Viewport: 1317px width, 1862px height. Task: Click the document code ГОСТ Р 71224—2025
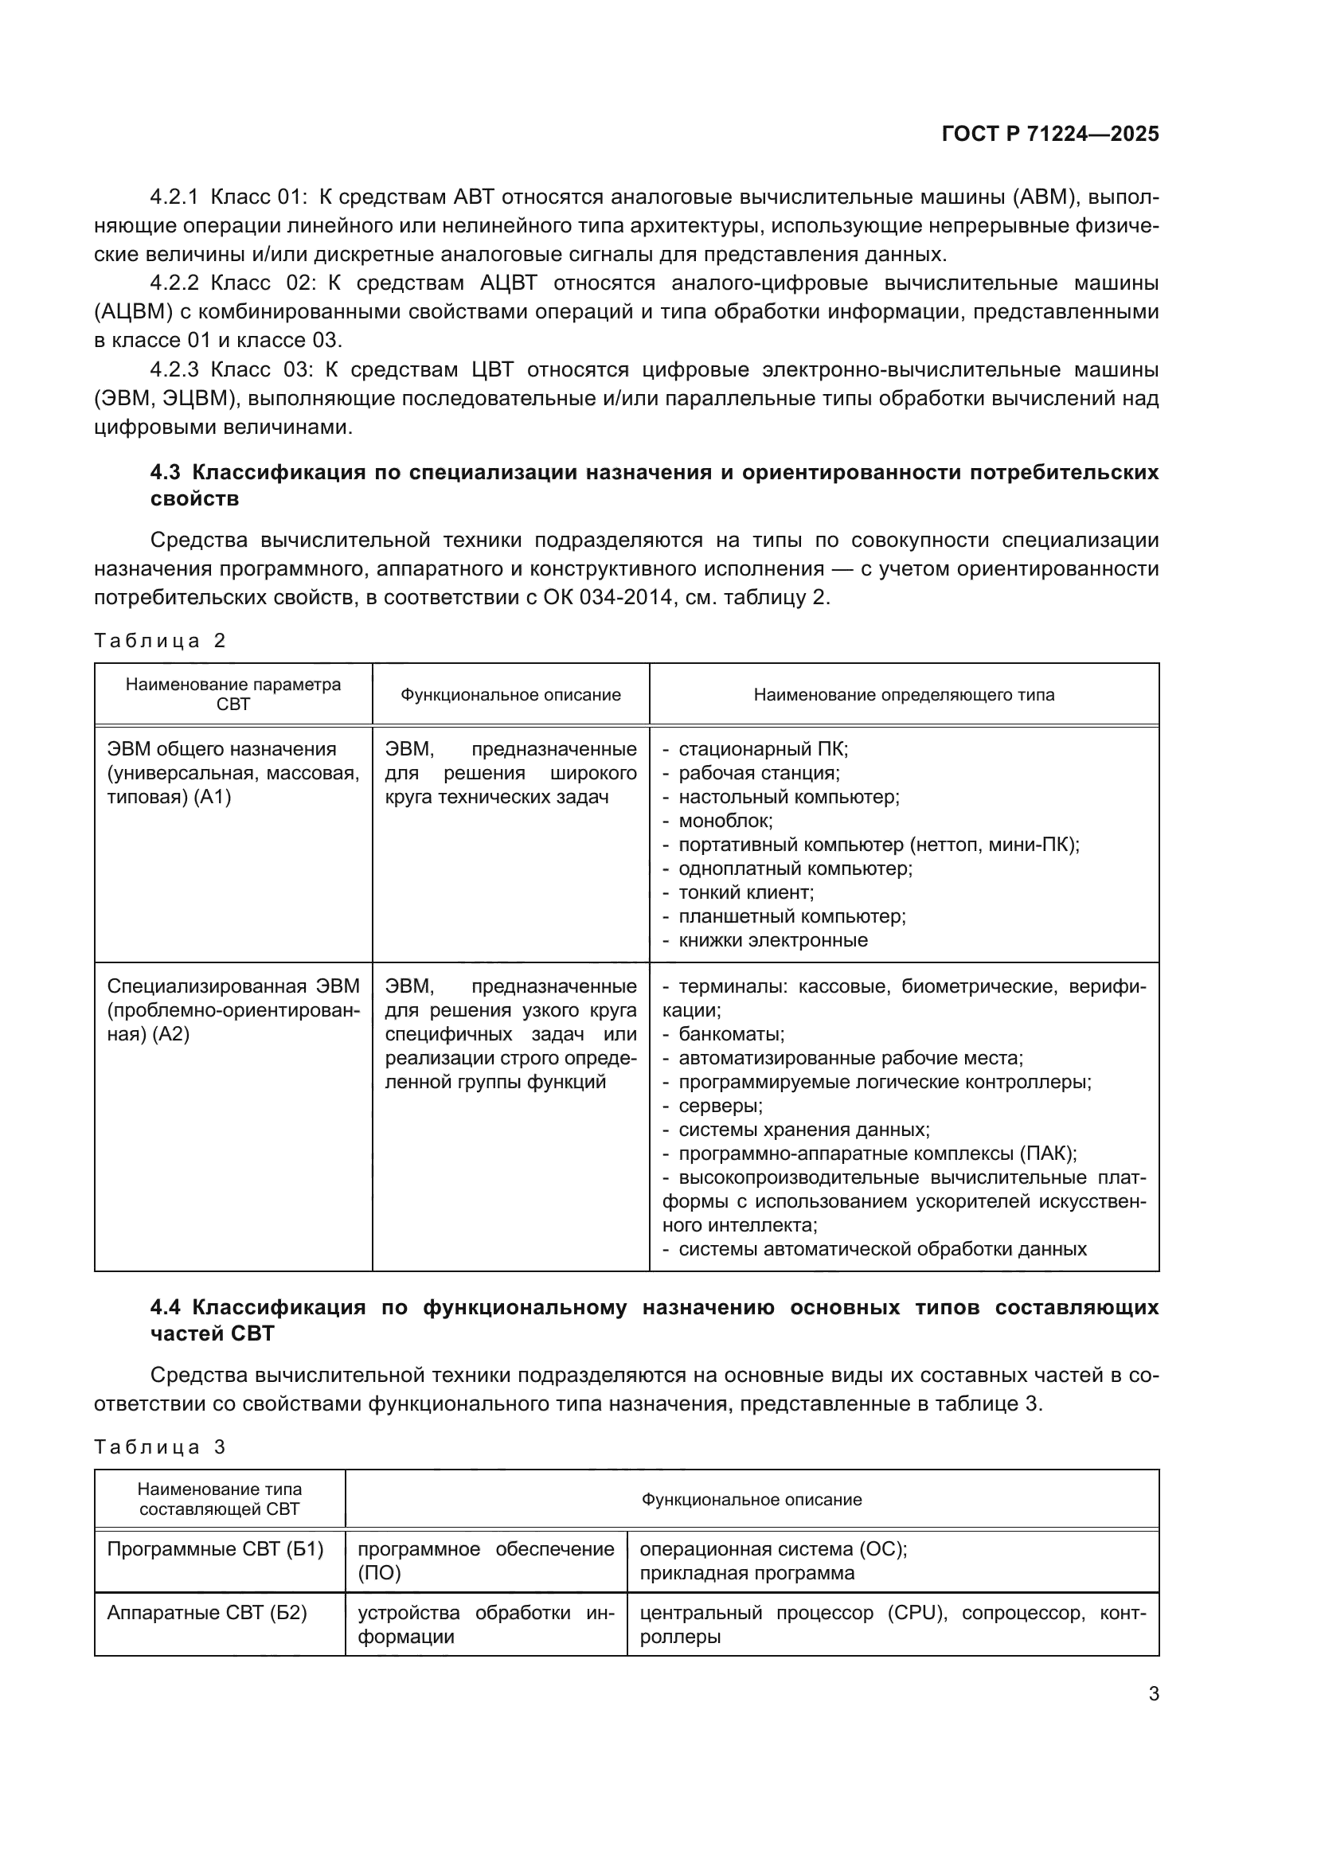click(x=1050, y=134)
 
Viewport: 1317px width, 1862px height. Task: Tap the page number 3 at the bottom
click(x=1153, y=1693)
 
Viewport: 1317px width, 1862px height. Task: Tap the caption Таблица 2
click(x=159, y=641)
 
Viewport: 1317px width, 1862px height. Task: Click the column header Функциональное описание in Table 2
click(x=510, y=695)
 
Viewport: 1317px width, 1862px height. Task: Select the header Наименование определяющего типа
click(x=904, y=695)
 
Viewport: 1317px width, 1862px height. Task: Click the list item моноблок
click(x=725, y=821)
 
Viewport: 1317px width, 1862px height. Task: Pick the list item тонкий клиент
click(x=745, y=892)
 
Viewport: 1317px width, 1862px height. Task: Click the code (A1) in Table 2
click(x=213, y=797)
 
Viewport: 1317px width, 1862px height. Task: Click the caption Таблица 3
click(x=159, y=1446)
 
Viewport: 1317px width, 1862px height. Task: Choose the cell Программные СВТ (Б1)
click(x=215, y=1549)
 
